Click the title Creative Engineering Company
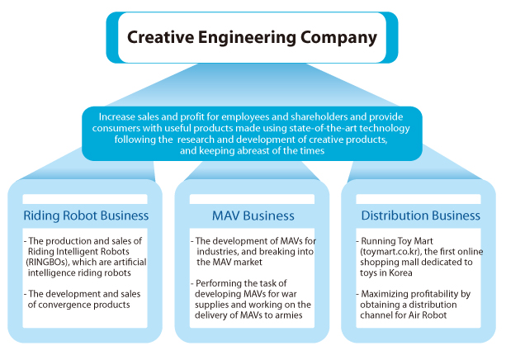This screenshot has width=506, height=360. (252, 38)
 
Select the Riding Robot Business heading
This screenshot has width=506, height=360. (85, 216)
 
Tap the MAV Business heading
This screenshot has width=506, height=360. (253, 216)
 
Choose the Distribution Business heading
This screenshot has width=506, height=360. (419, 216)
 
